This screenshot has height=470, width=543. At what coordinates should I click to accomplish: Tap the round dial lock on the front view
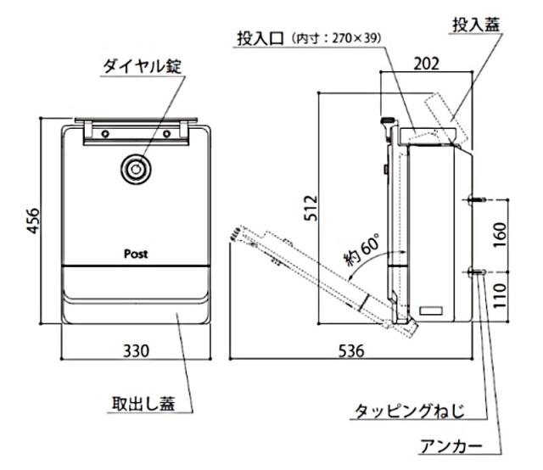134,169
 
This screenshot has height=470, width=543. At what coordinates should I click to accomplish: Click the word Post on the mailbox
136,254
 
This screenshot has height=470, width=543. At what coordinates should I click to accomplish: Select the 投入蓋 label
476,25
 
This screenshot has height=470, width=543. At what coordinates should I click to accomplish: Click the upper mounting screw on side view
474,200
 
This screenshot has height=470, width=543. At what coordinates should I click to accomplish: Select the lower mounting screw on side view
474,271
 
